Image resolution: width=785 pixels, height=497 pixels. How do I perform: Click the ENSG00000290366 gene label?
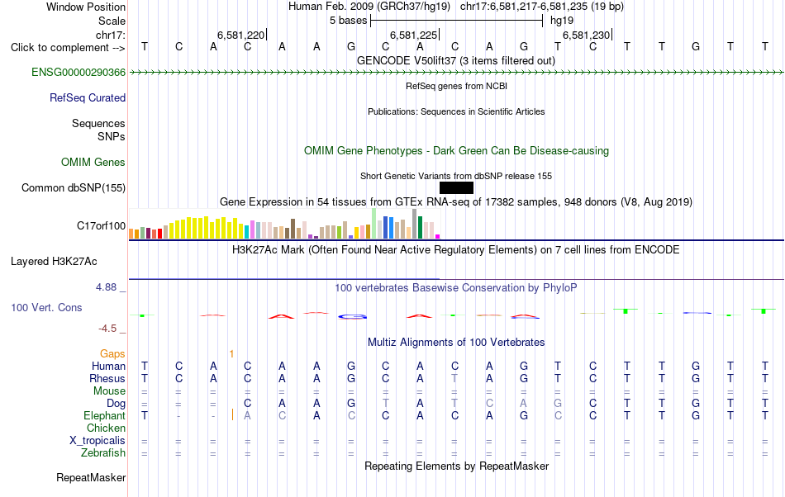[78, 73]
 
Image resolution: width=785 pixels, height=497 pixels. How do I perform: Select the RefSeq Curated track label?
[88, 98]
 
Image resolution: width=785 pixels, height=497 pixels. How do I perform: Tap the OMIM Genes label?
[93, 163]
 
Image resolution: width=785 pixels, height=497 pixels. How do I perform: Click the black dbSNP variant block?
[456, 187]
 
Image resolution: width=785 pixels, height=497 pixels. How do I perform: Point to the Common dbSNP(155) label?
[74, 188]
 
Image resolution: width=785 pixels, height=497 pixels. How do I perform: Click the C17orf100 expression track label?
[101, 226]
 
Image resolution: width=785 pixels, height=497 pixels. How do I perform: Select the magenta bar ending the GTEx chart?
[438, 236]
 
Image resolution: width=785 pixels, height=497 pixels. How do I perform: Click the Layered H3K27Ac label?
[54, 262]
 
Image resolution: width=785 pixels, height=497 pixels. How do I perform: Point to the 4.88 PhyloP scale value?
[106, 287]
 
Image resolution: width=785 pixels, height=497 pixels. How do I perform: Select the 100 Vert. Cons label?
[46, 308]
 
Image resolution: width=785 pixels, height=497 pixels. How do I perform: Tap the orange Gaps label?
[112, 354]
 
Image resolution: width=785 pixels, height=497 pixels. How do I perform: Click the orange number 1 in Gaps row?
[231, 354]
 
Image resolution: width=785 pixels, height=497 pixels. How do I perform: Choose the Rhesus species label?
[107, 379]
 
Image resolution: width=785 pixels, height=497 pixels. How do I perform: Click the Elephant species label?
[105, 416]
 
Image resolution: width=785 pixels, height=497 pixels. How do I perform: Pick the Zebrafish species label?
[103, 453]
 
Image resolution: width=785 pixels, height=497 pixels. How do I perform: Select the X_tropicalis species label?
[98, 441]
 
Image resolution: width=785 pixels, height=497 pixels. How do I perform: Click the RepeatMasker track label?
[91, 478]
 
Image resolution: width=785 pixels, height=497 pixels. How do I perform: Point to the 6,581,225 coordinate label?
[413, 35]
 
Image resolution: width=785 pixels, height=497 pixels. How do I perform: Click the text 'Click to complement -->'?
[68, 48]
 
